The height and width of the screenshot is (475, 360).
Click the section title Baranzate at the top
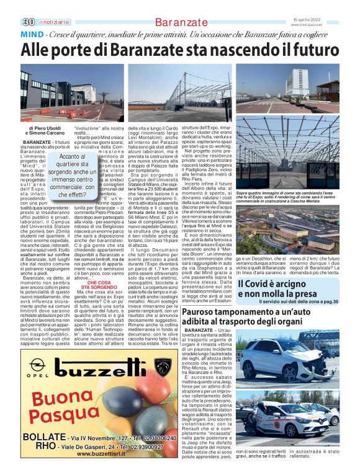[179, 22]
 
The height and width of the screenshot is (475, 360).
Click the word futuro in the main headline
[306, 48]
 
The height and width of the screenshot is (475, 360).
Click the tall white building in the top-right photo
[297, 82]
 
